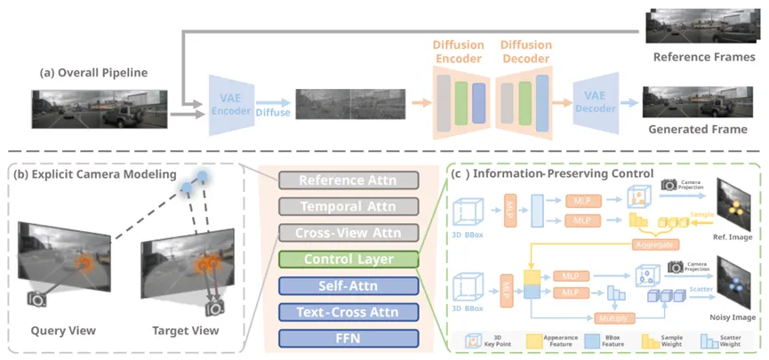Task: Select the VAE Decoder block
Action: click(599, 105)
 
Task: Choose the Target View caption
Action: click(184, 331)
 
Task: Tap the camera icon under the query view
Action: click(36, 300)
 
